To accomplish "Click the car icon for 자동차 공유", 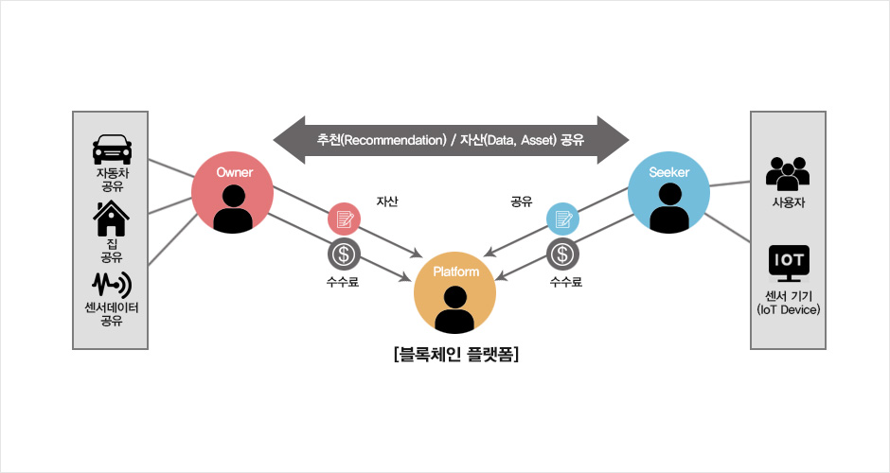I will pyautogui.click(x=112, y=149).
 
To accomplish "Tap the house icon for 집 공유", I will pyautogui.click(x=112, y=219).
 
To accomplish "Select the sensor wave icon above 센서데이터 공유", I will pyautogui.click(x=112, y=284).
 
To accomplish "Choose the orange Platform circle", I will pyautogui.click(x=455, y=292).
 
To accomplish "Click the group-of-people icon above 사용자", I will pyautogui.click(x=788, y=173).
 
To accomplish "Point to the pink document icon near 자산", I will pyautogui.click(x=343, y=219).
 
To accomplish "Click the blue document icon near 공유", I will pyautogui.click(x=562, y=219).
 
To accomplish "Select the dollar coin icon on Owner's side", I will pyautogui.click(x=343, y=254).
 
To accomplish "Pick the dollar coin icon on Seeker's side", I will pyautogui.click(x=562, y=254).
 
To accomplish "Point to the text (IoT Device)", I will pyautogui.click(x=788, y=309).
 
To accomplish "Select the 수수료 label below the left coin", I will pyautogui.click(x=343, y=281).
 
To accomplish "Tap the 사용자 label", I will pyautogui.click(x=788, y=201).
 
